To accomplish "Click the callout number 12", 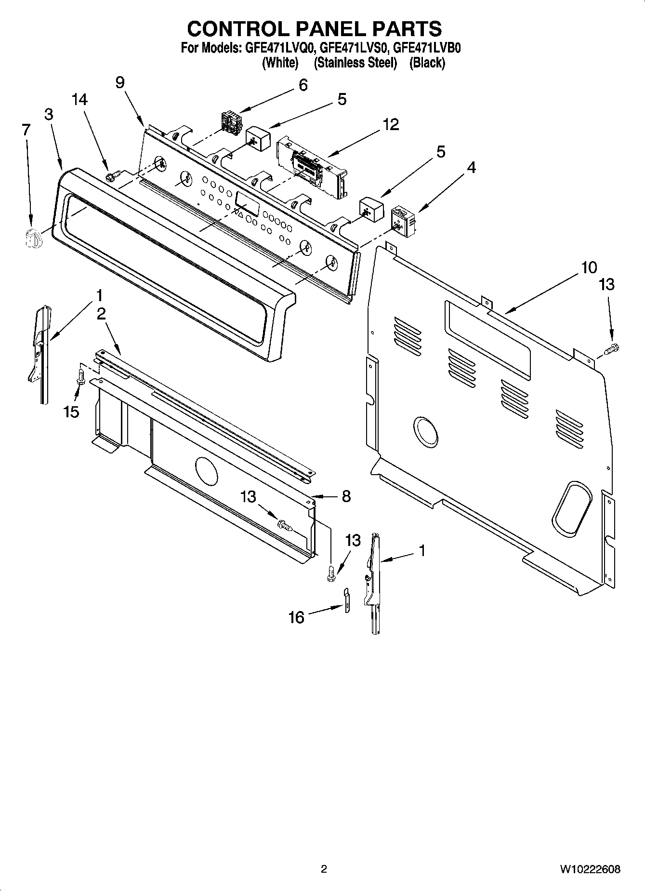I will coord(391,124).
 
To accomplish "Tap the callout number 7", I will coord(26,130).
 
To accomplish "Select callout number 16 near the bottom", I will coord(297,617).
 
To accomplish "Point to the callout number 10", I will coord(589,267).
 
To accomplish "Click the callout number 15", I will coord(71,412).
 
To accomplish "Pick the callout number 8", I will coord(346,496).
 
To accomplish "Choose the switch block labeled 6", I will coord(231,121).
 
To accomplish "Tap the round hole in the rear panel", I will coord(426,430).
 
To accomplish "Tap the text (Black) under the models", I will coord(427,63).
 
